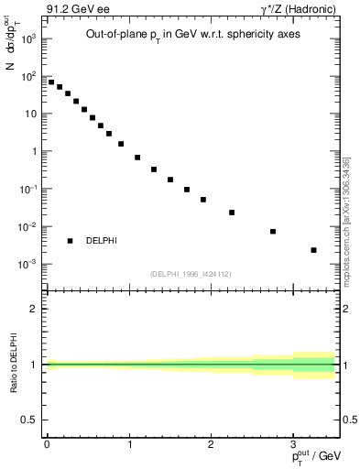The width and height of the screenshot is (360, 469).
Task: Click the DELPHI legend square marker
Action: click(x=70, y=241)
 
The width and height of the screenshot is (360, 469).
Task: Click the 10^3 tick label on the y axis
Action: click(x=27, y=39)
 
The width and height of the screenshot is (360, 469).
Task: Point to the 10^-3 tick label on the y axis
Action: click(x=27, y=265)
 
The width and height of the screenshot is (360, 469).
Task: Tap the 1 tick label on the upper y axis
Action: click(x=34, y=152)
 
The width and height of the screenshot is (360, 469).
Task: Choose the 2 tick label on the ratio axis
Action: click(x=34, y=309)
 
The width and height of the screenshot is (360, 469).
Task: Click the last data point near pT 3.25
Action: click(x=313, y=250)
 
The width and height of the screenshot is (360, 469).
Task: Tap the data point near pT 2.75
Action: click(x=273, y=232)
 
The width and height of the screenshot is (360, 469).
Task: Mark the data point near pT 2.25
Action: click(x=232, y=213)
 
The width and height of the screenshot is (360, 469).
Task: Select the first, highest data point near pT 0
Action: click(x=51, y=82)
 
